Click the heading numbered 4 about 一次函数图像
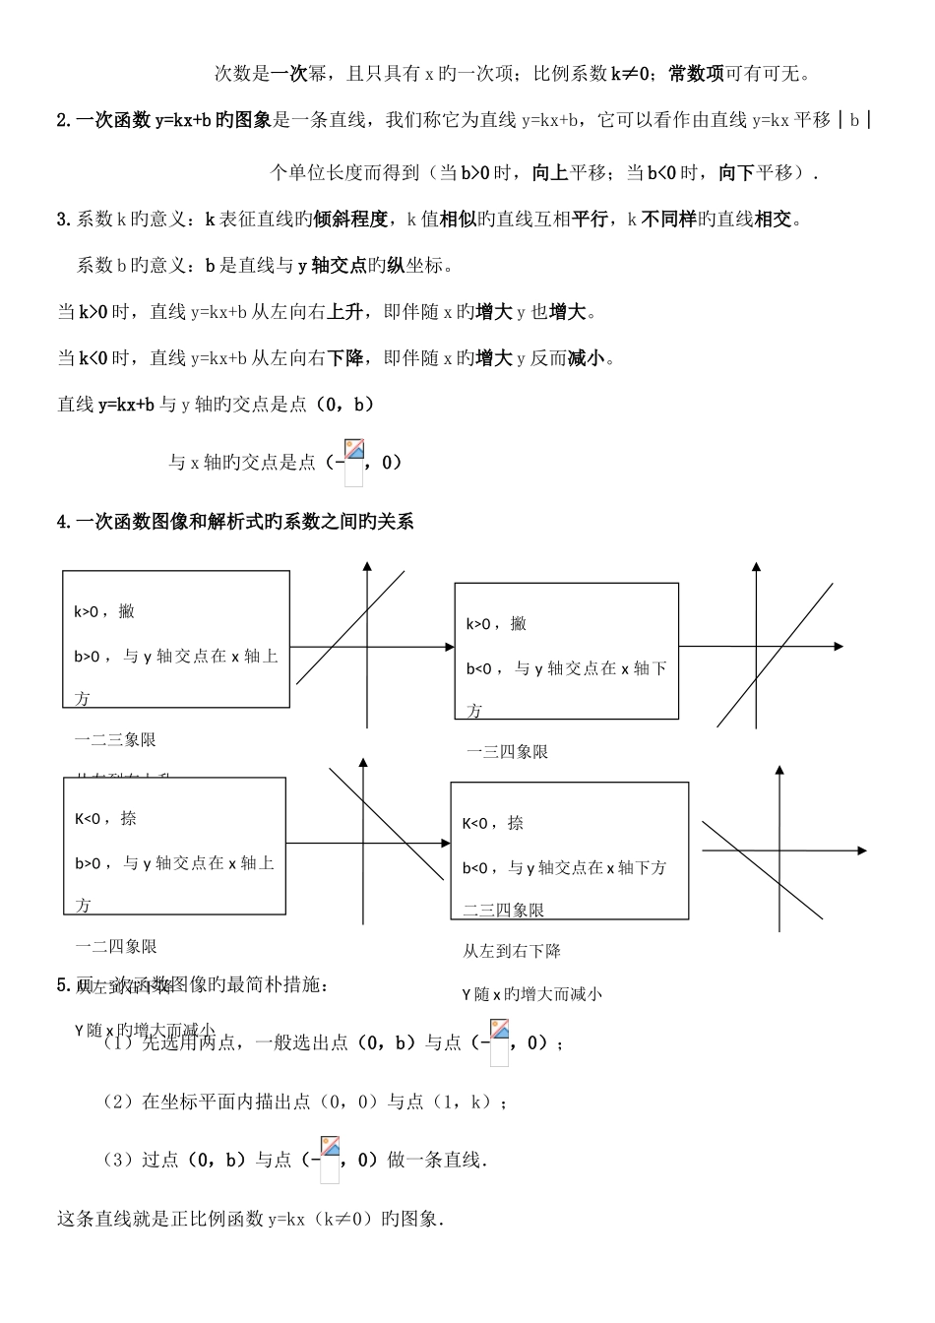pyautogui.click(x=236, y=522)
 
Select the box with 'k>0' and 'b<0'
pyautogui.click(x=566, y=651)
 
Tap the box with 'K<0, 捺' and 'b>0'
pyautogui.click(x=174, y=846)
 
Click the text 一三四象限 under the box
pyautogui.click(x=507, y=752)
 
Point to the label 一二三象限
pyautogui.click(x=115, y=740)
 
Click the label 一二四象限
pyautogui.click(x=115, y=947)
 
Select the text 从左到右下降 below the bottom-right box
pyautogui.click(x=512, y=952)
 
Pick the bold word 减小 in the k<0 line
pyautogui.click(x=587, y=358)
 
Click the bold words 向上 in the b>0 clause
pyautogui.click(x=549, y=173)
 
